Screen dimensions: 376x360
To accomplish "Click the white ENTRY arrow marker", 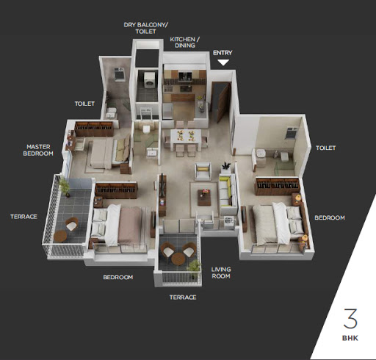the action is point(223,62).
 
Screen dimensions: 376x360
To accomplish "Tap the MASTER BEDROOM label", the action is point(38,150).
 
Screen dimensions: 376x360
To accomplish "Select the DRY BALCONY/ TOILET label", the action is point(145,28).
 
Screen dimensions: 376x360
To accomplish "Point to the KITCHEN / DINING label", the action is point(185,42).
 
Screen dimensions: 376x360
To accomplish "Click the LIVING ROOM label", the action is point(221,273).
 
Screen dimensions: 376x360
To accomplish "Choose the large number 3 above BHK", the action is point(350,318).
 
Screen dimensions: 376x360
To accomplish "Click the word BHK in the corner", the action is point(350,338).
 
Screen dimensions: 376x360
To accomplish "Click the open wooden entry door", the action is point(223,102).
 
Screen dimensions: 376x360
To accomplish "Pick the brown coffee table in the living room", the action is point(204,197).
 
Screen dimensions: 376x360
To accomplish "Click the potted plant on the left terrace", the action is point(65,187).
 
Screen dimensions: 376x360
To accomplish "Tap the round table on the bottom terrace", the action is point(178,259).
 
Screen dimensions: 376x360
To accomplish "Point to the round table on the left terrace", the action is point(60,236).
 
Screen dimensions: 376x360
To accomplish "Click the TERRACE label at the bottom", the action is point(183,298).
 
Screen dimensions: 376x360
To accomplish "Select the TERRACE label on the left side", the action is point(23,217).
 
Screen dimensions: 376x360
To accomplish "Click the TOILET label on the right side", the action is point(325,148).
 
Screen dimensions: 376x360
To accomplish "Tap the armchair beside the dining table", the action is point(203,171).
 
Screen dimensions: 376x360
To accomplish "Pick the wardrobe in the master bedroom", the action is point(94,129).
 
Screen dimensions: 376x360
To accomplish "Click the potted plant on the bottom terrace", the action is point(195,269).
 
